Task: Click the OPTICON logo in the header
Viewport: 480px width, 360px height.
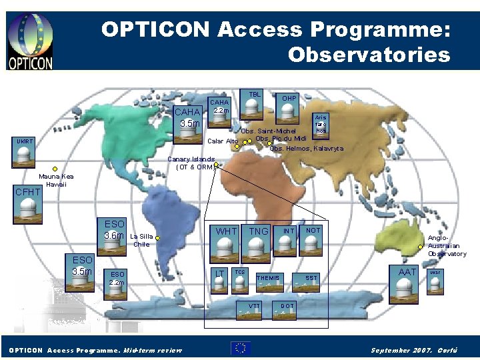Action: click(30, 41)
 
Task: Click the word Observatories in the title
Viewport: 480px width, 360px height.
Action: click(369, 54)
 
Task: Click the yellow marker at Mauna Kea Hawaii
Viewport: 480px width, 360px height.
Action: click(56, 169)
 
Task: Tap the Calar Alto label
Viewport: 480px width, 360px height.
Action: click(223, 141)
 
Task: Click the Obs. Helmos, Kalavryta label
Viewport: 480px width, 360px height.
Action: click(307, 149)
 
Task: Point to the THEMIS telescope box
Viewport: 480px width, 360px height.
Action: click(268, 283)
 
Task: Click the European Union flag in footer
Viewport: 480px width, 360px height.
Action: click(241, 347)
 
